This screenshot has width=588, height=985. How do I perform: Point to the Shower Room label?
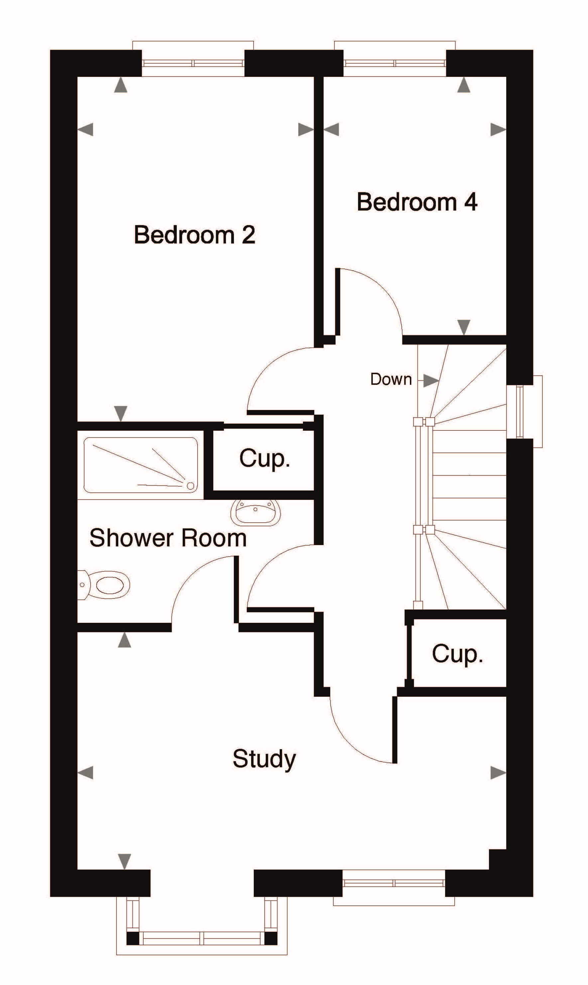click(x=168, y=538)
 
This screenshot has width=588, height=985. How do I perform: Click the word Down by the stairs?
click(x=391, y=379)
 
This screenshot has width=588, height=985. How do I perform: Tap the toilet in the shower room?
click(x=104, y=585)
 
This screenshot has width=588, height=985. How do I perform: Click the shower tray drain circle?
click(x=190, y=486)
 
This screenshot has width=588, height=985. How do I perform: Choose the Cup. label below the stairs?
click(x=457, y=654)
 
